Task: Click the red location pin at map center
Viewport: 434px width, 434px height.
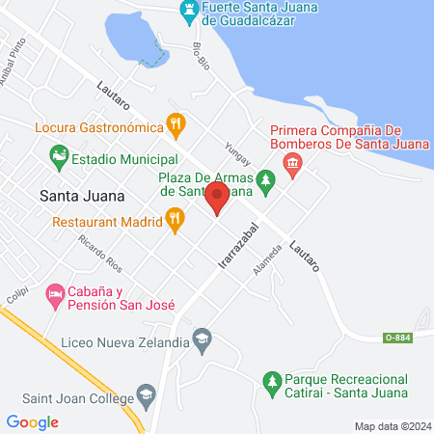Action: [x=217, y=200]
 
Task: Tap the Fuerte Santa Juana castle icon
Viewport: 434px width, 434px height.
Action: [x=191, y=10]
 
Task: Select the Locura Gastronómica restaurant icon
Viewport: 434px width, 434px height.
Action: [x=175, y=124]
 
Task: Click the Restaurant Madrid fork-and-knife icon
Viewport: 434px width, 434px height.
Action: [x=174, y=221]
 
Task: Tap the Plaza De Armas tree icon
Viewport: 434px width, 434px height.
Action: [x=265, y=178]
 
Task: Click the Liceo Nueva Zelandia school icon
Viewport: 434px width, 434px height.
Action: [x=201, y=339]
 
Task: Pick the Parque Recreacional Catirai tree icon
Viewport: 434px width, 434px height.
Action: [x=272, y=384]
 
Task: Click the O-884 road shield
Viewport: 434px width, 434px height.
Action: [x=396, y=337]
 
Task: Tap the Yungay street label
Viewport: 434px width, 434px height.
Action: [x=236, y=149]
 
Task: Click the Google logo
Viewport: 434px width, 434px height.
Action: [x=33, y=422]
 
